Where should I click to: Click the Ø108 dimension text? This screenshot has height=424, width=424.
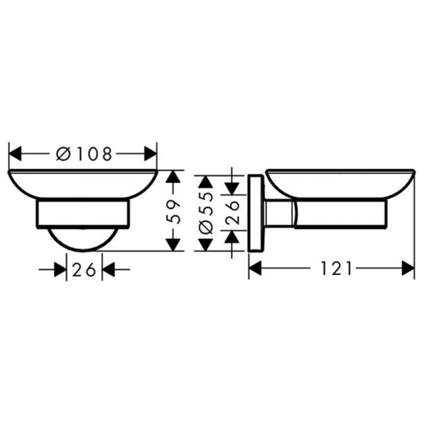tap(83, 154)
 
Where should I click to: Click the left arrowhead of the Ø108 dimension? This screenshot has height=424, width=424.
tap(16, 154)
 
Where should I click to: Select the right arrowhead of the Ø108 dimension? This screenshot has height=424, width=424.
tap(149, 154)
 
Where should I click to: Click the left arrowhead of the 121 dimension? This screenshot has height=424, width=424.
tap(257, 269)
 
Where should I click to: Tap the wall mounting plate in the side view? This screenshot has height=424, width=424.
tap(255, 212)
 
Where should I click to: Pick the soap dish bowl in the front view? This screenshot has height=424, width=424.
tap(83, 184)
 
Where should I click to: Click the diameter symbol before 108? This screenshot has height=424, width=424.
tap(62, 154)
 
